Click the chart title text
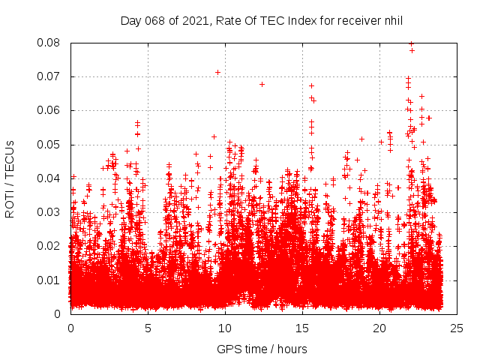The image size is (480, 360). [x=262, y=20]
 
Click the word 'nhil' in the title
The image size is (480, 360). [x=392, y=20]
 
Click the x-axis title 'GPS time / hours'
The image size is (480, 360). [x=262, y=349]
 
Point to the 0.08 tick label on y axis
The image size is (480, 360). [x=49, y=43]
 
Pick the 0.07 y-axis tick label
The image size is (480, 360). [x=49, y=76]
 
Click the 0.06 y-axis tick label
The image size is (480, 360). [x=49, y=110]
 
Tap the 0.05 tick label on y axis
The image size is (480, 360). [x=49, y=145]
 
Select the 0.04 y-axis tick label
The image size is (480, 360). [x=49, y=178]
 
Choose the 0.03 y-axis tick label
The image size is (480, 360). [x=49, y=212]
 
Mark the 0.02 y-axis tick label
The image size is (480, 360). [x=49, y=246]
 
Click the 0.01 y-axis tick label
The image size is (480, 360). [x=49, y=280]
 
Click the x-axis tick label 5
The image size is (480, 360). [x=148, y=328]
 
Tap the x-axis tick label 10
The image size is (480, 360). [x=225, y=328]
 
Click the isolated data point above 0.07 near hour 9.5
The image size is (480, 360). [x=217, y=72]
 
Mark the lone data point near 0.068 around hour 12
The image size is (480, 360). [x=262, y=84]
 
